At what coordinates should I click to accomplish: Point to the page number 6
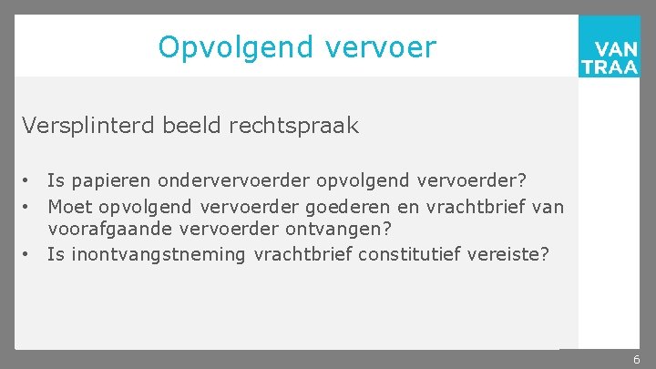pos(637,360)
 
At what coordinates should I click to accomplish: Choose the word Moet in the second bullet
pos(71,207)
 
